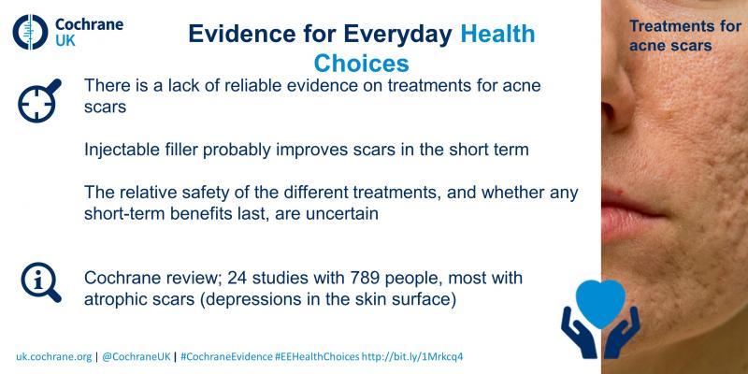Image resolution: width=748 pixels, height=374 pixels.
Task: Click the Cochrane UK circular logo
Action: click(31, 32)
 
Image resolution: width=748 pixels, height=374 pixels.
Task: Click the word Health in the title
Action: click(497, 34)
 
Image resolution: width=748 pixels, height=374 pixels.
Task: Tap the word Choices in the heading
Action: click(361, 64)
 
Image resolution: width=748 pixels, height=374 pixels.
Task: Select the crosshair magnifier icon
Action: click(39, 100)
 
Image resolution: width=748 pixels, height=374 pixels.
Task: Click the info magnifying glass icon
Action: click(41, 282)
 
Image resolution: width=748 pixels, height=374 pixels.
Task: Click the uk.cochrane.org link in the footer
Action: click(54, 356)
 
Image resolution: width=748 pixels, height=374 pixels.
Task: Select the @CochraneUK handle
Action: click(136, 356)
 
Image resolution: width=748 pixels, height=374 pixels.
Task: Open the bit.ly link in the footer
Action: click(412, 356)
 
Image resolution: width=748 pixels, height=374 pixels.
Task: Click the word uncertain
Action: click(342, 214)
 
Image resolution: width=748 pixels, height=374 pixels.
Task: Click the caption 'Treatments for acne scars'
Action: click(685, 36)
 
